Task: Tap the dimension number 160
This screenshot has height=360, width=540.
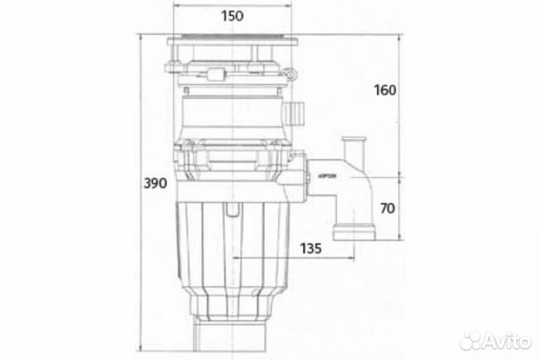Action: pyautogui.click(x=383, y=90)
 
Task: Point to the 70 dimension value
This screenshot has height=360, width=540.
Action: pyautogui.click(x=387, y=208)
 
